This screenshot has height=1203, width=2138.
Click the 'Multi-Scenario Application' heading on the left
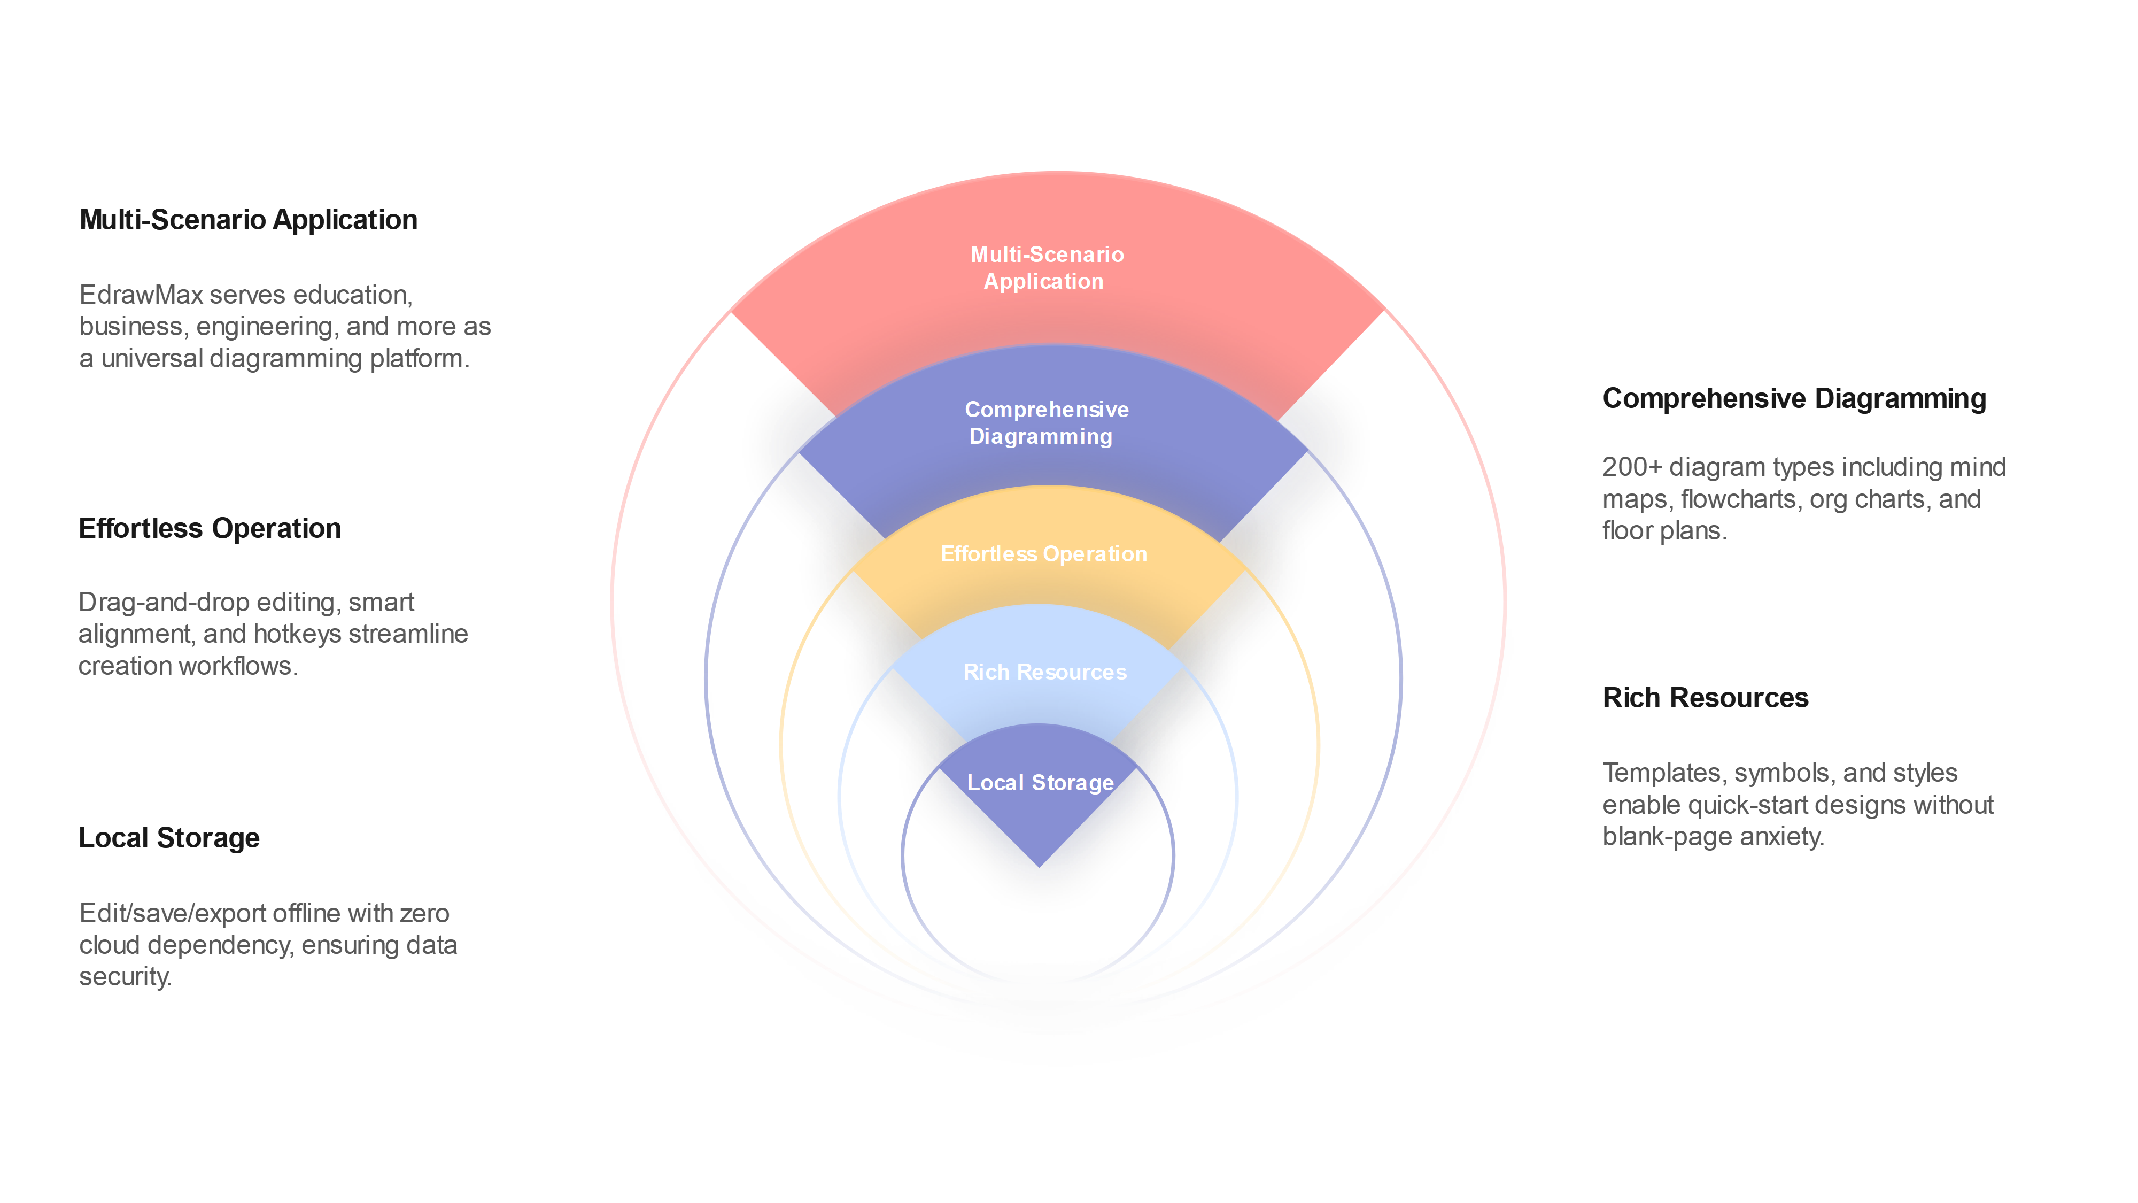tap(248, 220)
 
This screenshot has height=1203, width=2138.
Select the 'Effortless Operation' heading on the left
tap(209, 529)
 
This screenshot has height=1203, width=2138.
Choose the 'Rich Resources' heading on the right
tap(1705, 698)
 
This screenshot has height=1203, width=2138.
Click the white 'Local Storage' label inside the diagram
tap(1040, 783)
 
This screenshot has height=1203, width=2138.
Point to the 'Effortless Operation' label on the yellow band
tap(1043, 554)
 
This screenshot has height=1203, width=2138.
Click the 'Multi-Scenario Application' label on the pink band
tap(1046, 267)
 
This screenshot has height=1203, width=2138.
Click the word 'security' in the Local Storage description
tap(123, 977)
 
